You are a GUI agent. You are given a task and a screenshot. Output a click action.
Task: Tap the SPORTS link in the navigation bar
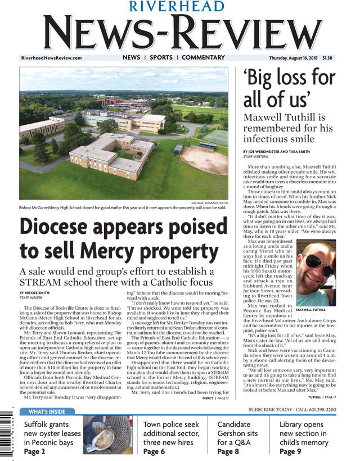click(x=161, y=57)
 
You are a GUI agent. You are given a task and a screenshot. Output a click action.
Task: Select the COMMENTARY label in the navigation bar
click(x=203, y=57)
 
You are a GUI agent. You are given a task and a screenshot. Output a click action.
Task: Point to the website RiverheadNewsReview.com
click(x=51, y=58)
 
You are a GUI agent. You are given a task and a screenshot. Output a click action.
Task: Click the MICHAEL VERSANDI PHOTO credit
click(x=210, y=202)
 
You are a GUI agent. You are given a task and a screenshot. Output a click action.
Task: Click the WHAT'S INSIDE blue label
click(x=47, y=412)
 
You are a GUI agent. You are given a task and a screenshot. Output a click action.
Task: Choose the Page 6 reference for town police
click(x=154, y=451)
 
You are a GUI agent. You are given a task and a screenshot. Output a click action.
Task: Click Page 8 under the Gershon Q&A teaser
click(x=228, y=451)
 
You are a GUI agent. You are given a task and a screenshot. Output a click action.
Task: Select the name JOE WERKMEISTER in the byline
click(x=275, y=152)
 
